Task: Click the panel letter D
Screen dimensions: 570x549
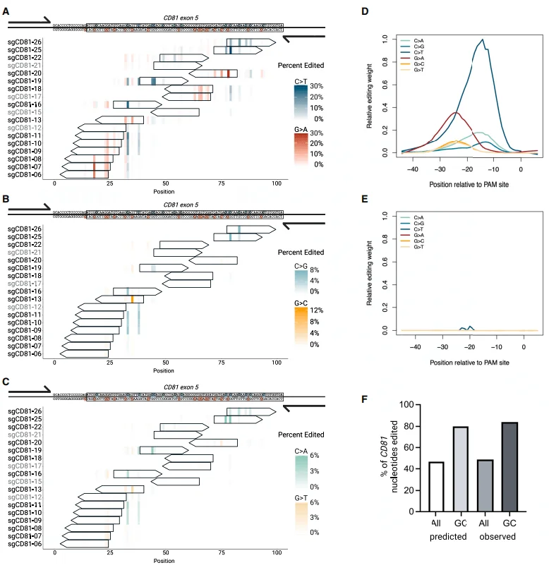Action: pyautogui.click(x=365, y=12)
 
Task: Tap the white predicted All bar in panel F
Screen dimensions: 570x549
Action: pyautogui.click(x=436, y=487)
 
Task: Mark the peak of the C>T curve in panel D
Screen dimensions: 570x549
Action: pyautogui.click(x=483, y=40)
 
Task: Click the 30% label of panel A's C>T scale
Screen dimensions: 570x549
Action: pyautogui.click(x=317, y=86)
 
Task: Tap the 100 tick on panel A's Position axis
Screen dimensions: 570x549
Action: pyautogui.click(x=277, y=183)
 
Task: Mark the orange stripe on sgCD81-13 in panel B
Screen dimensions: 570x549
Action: pyautogui.click(x=133, y=299)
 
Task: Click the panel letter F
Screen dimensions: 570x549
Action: pyautogui.click(x=364, y=400)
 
